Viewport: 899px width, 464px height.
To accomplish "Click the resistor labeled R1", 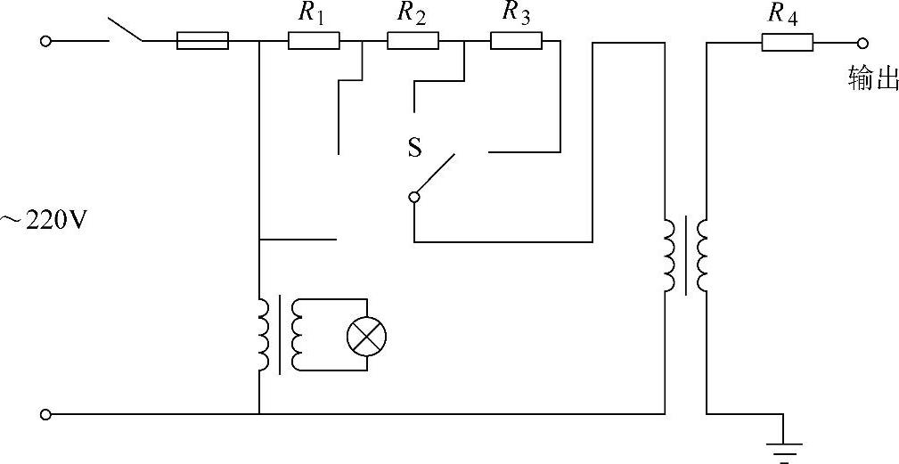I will click(x=314, y=40).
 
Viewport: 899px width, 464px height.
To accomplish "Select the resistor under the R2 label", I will click(x=413, y=40).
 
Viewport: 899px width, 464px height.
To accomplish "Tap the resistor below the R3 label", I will click(x=516, y=40).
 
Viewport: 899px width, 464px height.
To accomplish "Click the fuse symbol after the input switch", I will click(x=202, y=40).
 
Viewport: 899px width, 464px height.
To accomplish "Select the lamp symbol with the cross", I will click(x=365, y=337).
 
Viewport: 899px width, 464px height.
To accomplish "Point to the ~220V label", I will click(x=45, y=219).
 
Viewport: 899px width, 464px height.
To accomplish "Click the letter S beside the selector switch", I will click(x=414, y=148).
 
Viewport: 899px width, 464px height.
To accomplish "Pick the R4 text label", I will click(x=785, y=12).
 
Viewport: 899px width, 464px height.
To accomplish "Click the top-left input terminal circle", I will click(x=47, y=41).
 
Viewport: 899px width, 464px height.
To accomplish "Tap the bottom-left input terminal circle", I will click(x=47, y=414).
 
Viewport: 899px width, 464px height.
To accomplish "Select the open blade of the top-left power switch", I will click(x=126, y=30).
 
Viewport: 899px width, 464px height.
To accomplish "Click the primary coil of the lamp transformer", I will click(x=263, y=334).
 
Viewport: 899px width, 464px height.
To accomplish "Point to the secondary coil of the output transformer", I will click(x=703, y=256).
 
